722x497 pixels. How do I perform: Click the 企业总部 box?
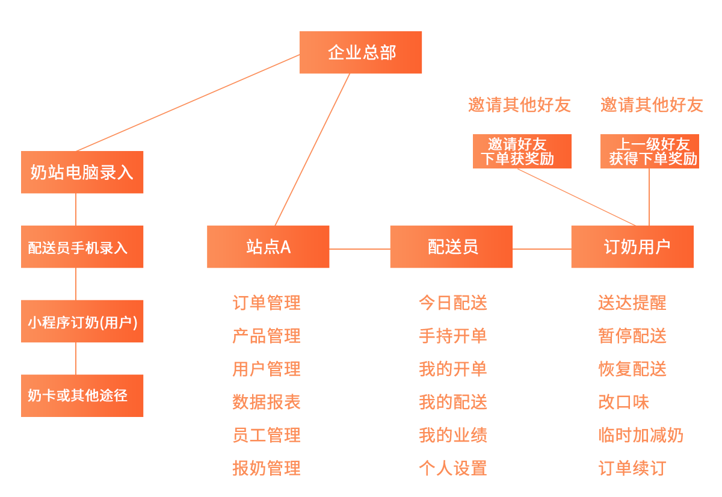(x=360, y=52)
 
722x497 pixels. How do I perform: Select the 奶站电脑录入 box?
(x=82, y=172)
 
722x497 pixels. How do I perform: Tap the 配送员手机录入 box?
(x=82, y=247)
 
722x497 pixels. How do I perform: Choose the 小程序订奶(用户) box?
(x=82, y=321)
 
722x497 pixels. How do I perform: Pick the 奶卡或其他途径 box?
(x=82, y=395)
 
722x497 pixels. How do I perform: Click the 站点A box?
(x=268, y=247)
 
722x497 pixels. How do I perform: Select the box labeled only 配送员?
(x=452, y=247)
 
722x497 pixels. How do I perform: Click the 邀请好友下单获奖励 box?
(x=520, y=151)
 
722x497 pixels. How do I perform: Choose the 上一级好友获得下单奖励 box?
(x=650, y=151)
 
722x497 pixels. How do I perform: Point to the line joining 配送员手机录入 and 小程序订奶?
(x=76, y=284)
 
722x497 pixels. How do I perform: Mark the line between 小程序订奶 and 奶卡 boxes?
(x=76, y=359)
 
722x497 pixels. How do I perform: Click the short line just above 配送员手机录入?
(x=76, y=219)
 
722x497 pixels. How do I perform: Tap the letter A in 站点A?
(x=285, y=247)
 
